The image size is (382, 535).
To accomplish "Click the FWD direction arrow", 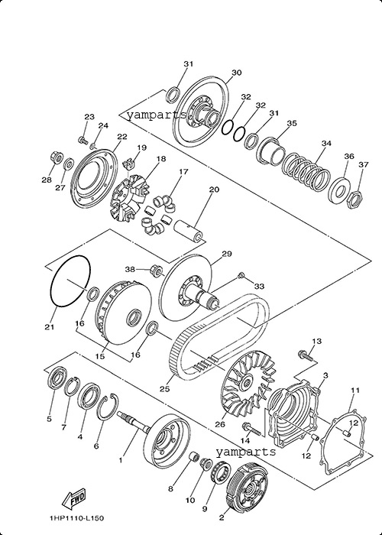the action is coord(73,498).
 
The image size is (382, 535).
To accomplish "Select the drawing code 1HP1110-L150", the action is coord(76,518).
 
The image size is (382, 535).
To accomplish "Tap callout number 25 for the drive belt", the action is coord(165,389).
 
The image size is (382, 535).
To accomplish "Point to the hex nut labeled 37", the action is coord(354,199).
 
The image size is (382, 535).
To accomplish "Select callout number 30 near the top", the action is coord(236,73).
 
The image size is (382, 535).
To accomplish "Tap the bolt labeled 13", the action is coord(306,355).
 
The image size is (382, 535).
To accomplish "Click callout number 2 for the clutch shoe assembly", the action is coord(222,518).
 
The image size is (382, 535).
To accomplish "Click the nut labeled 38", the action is coord(156,271).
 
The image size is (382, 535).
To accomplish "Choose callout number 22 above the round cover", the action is coord(122,137).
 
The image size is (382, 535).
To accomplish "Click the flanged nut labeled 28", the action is coord(56,157).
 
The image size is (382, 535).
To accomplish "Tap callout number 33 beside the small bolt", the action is coord(259,287).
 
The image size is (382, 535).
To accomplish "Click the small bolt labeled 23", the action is coord(83,140).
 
